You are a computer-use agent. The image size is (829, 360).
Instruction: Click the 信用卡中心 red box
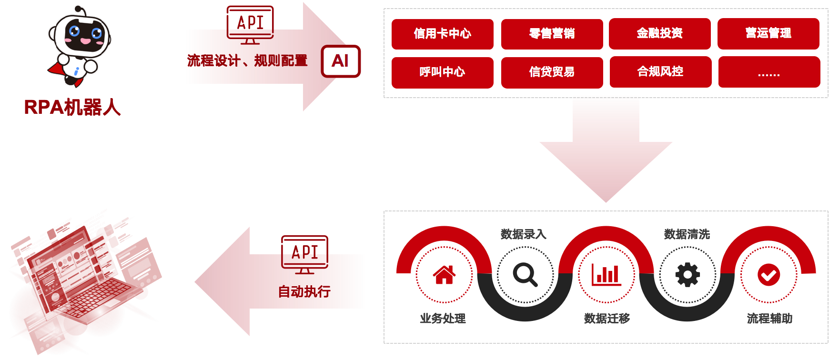point(442,34)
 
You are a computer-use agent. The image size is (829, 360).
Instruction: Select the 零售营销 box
point(552,34)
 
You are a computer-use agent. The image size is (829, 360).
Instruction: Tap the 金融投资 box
point(660,33)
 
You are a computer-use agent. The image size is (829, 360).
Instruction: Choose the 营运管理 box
point(768,33)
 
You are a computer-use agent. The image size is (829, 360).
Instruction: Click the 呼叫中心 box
point(442,72)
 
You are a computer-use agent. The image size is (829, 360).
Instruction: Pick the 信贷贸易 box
point(552,72)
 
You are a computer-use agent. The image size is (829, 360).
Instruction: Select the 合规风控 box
point(660,72)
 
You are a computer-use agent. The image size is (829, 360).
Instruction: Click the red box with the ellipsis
point(769,72)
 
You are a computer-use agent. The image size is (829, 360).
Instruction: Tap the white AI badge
point(341,61)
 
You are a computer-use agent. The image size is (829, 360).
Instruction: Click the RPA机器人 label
point(72,107)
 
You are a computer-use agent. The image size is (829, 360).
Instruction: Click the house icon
point(444,275)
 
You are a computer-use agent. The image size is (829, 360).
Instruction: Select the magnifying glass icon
point(525,275)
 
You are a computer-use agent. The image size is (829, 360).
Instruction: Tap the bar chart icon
point(607,275)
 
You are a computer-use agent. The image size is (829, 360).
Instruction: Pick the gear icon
point(687,275)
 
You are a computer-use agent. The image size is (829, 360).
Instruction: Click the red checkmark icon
point(768,275)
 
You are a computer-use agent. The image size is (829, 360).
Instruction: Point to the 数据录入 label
point(523,234)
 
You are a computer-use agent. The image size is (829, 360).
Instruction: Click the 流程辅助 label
point(769,318)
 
